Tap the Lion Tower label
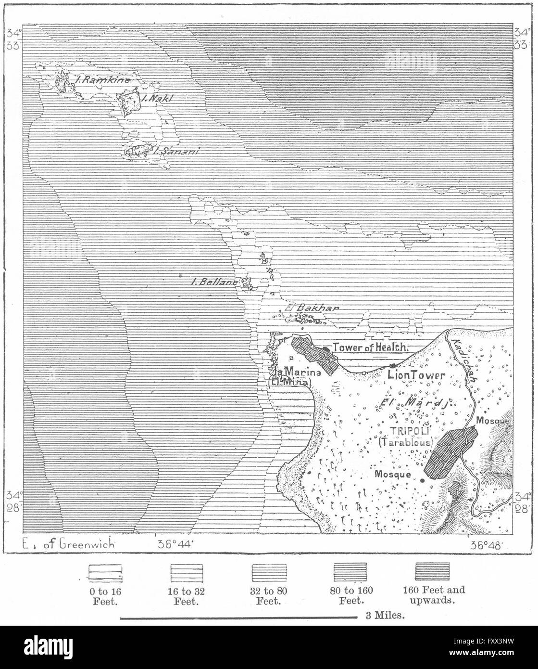(x=416, y=374)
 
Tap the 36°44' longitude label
(x=174, y=544)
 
